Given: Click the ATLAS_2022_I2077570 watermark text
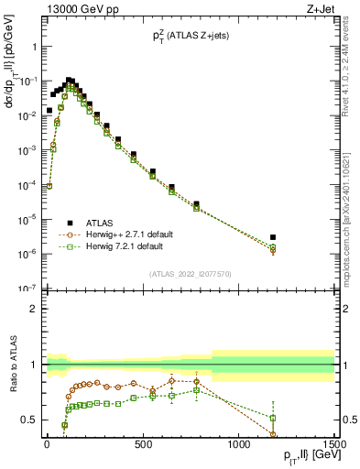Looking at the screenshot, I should pyautogui.click(x=189, y=273).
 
